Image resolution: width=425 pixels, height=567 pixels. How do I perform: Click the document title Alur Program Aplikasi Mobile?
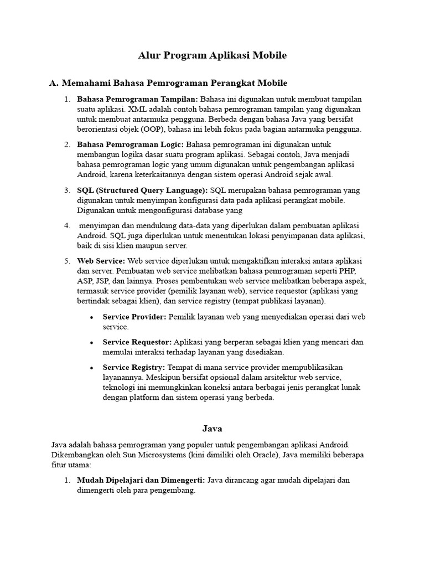pyautogui.click(x=212, y=55)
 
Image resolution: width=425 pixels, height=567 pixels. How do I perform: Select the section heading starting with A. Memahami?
pyautogui.click(x=168, y=83)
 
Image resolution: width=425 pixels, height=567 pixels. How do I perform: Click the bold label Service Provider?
pyautogui.click(x=134, y=317)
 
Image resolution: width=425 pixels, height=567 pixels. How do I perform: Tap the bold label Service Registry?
pyautogui.click(x=134, y=367)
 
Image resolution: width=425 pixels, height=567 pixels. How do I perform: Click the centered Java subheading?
pyautogui.click(x=212, y=428)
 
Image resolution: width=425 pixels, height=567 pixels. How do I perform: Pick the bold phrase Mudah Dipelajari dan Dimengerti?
pyautogui.click(x=141, y=480)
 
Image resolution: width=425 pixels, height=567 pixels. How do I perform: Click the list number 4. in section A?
pyautogui.click(x=67, y=226)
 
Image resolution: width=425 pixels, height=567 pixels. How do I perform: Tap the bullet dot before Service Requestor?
pyautogui.click(x=91, y=343)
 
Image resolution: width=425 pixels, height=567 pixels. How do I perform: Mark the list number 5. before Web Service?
pyautogui.click(x=67, y=261)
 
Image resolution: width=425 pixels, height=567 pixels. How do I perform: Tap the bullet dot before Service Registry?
pyautogui.click(x=91, y=368)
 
